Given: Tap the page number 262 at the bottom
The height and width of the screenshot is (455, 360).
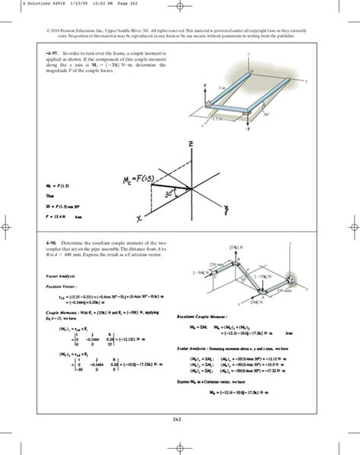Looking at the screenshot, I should tap(180, 417).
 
